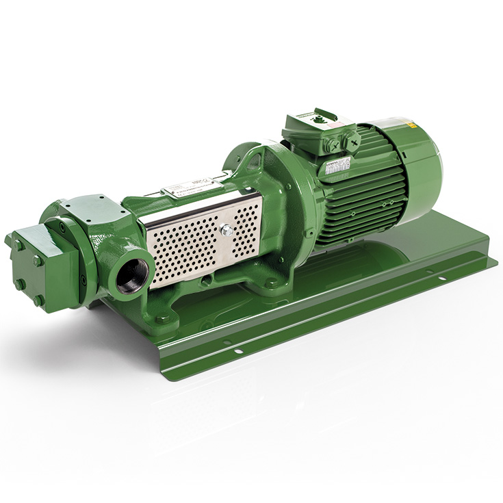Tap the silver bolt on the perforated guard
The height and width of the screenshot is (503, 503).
pos(227,231)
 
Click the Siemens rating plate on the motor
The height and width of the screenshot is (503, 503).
pos(337,166)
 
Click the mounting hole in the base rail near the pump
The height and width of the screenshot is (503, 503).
pos(238,351)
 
